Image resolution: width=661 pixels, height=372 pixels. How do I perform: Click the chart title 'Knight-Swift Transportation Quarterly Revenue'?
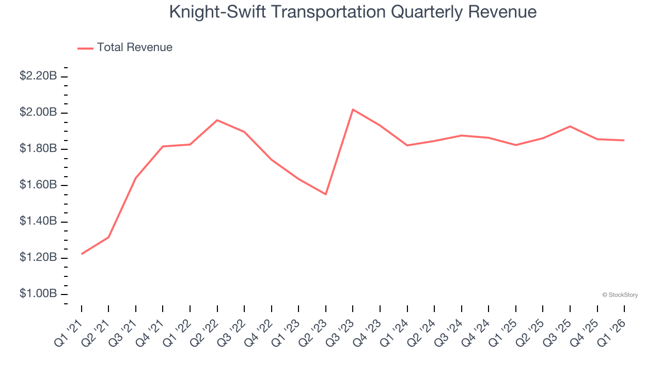[x=353, y=12]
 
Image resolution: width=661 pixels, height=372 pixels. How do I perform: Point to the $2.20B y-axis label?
[x=38, y=76]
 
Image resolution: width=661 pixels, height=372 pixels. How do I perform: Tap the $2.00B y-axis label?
[x=38, y=112]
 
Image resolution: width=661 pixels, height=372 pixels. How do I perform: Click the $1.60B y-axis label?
[x=38, y=185]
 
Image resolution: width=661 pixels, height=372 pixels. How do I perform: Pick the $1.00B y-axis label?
[x=38, y=293]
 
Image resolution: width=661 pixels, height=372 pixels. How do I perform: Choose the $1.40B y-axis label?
[x=38, y=221]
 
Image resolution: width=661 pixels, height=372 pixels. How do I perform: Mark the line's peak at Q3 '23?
[x=353, y=110]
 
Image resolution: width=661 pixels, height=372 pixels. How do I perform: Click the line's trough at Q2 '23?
[x=326, y=194]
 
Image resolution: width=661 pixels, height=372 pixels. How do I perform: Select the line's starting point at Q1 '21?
[x=82, y=254]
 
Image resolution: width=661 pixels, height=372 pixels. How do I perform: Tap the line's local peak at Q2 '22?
[x=217, y=120]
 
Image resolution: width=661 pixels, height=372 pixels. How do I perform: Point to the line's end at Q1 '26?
[x=624, y=140]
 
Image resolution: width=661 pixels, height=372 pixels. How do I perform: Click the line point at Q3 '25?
[x=570, y=126]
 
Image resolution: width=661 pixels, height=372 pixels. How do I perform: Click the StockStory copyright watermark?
[x=620, y=295]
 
